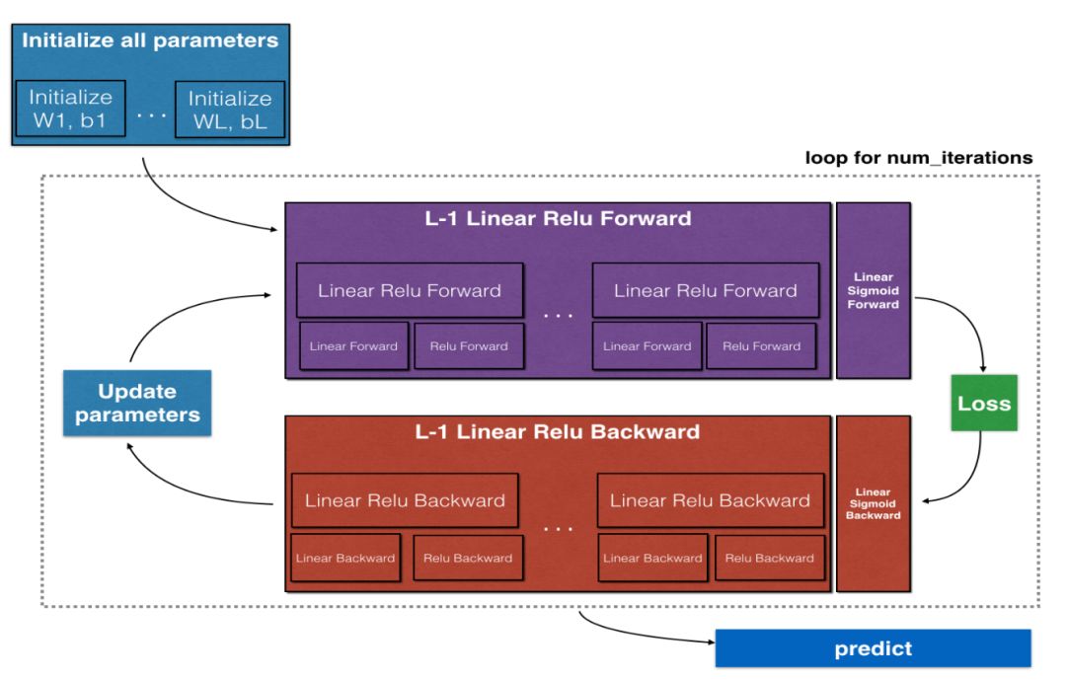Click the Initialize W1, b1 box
pyautogui.click(x=70, y=108)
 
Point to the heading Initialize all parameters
pyautogui.click(x=150, y=40)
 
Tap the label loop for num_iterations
pyautogui.click(x=919, y=157)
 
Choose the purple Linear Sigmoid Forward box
pyautogui.click(x=874, y=291)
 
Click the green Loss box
pyautogui.click(x=984, y=404)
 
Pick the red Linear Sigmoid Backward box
pyautogui.click(x=874, y=503)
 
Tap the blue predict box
pyautogui.click(x=874, y=648)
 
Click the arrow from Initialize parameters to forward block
pyautogui.click(x=188, y=202)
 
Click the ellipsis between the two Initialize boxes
pyautogui.click(x=151, y=113)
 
